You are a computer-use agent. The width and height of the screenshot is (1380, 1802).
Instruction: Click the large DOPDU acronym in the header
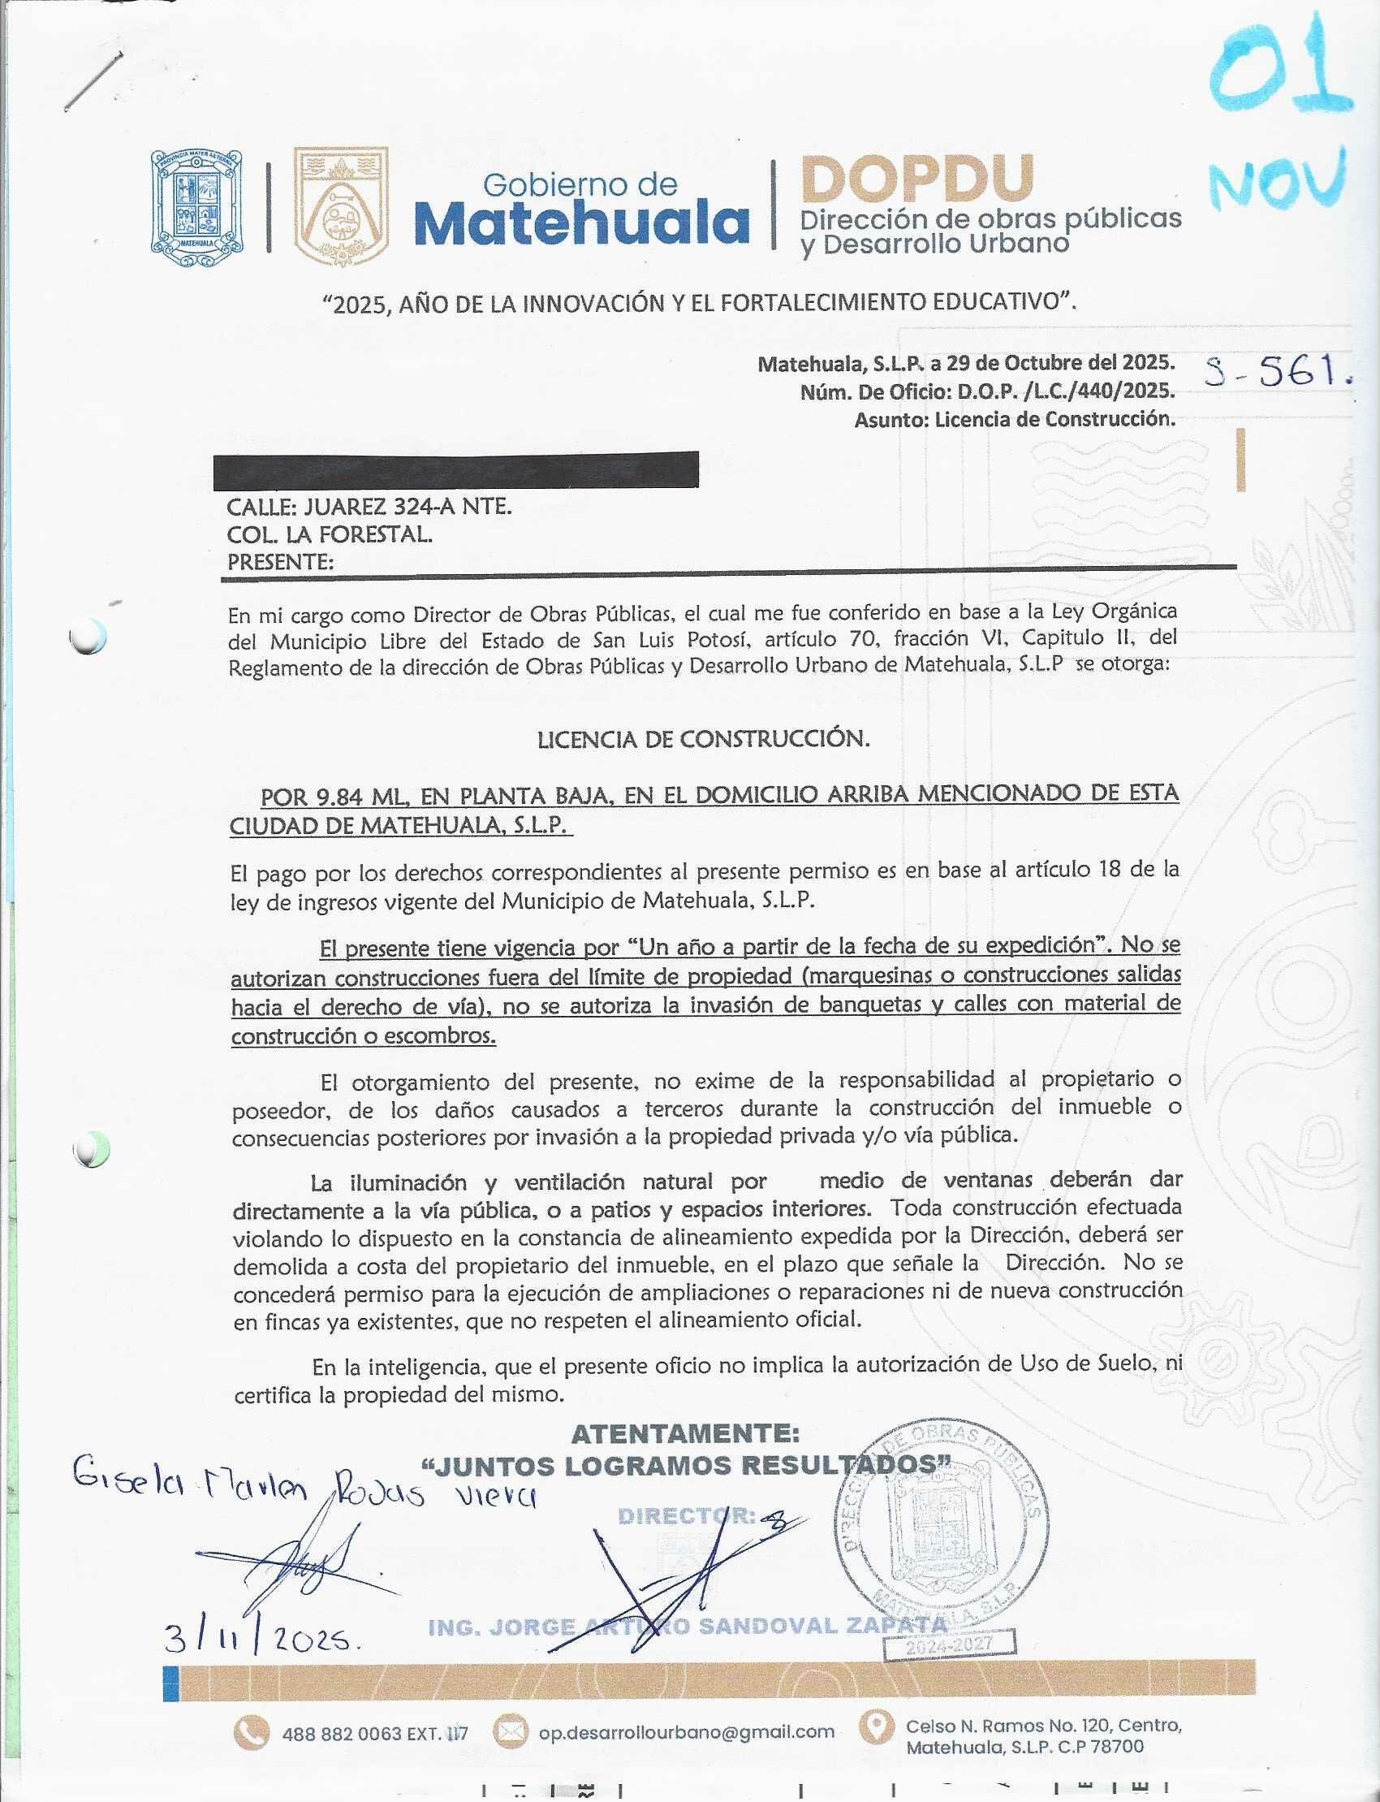click(x=916, y=179)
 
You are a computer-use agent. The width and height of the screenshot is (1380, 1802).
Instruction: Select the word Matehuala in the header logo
click(x=581, y=223)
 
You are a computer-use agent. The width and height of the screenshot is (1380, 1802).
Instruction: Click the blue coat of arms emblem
click(x=196, y=208)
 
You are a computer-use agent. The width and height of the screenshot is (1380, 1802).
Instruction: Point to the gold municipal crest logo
click(x=340, y=206)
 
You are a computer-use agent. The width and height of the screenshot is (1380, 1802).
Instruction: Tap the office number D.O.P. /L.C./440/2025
click(x=1065, y=391)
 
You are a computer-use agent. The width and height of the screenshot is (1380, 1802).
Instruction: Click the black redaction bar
click(x=455, y=469)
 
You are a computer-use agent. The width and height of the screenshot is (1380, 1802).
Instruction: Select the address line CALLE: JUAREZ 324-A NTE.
click(x=369, y=506)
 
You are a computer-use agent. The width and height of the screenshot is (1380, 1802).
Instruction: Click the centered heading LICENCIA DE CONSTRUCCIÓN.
click(x=703, y=739)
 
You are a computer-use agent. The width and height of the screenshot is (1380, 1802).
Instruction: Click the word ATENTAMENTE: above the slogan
click(x=685, y=1434)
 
